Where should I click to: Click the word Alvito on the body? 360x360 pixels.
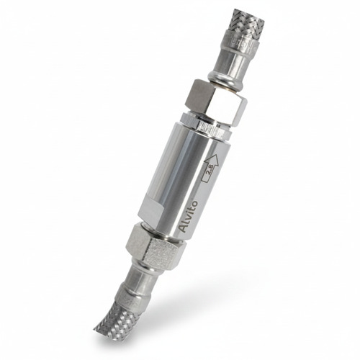coord(189,217)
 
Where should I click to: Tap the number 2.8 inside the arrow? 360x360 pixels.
coord(210,172)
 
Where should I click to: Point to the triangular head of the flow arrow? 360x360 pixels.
coord(212,161)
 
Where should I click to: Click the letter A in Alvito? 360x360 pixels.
coord(184,228)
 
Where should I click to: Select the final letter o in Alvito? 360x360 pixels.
coord(194,203)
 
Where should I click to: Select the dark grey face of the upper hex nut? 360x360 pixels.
coord(196,96)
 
